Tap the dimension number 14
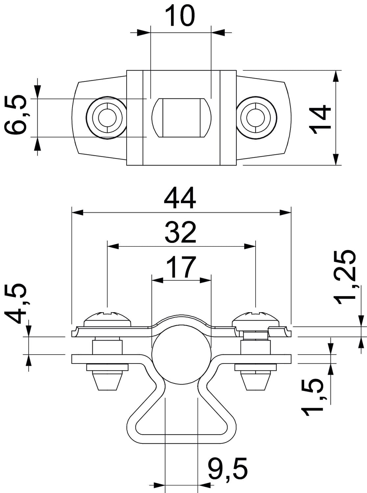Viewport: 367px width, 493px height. [321, 119]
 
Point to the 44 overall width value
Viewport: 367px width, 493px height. [180, 199]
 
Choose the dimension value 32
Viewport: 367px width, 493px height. [181, 232]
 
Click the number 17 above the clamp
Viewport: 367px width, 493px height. [181, 267]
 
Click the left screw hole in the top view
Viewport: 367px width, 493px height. [106, 117]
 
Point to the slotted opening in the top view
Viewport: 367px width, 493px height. [181, 117]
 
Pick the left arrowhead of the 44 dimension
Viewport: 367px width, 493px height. [77, 213]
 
